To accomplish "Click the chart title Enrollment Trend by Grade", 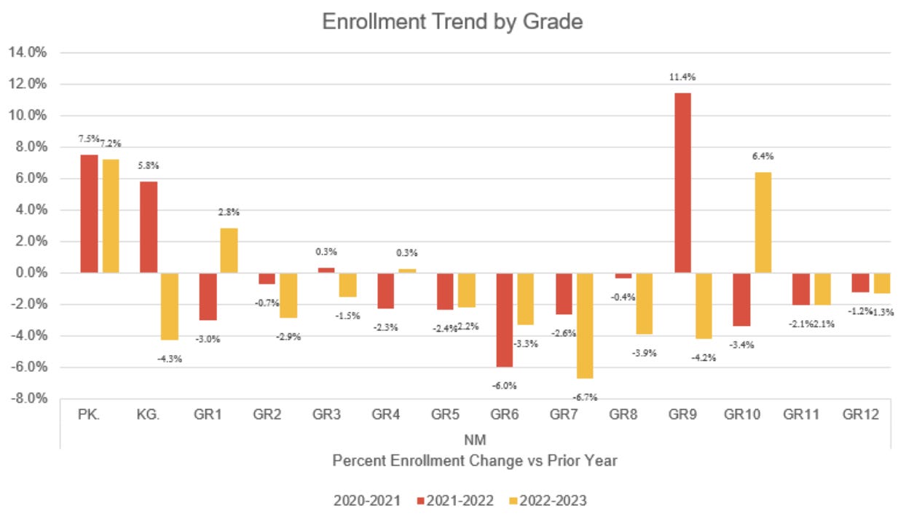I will point(452,22).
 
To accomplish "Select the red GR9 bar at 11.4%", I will point(682,183).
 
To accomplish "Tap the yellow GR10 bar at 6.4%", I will point(763,222).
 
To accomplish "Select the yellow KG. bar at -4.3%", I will point(170,306).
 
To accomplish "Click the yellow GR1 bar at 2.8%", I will point(229,250).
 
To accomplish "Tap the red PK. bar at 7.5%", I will point(89,214).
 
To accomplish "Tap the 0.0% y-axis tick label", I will point(28,273).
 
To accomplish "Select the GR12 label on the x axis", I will point(861,415).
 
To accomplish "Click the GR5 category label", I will point(446,415).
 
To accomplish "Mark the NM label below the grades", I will point(474,440).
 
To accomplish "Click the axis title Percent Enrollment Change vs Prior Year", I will point(474,461).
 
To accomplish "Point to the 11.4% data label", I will point(683,77).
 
